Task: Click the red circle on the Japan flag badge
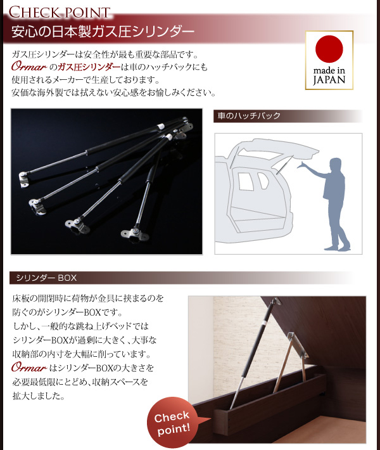tap(329, 49)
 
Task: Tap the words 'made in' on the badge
tap(329, 70)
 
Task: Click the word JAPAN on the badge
tap(329, 80)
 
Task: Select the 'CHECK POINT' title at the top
tap(60, 12)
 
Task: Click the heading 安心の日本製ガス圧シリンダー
tap(103, 32)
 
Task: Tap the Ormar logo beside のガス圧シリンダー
tap(29, 67)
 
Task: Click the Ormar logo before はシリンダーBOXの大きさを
tap(29, 368)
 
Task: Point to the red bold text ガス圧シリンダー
tap(89, 67)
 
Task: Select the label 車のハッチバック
tap(249, 115)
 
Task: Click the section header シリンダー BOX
tap(46, 278)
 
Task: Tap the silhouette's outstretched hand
tap(301, 165)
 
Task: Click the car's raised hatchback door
tap(278, 150)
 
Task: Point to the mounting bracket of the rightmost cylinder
tap(135, 234)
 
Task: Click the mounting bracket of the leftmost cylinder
tap(24, 179)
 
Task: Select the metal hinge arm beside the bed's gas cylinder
tap(284, 362)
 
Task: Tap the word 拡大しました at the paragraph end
tap(39, 396)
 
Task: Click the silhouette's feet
tap(338, 247)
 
